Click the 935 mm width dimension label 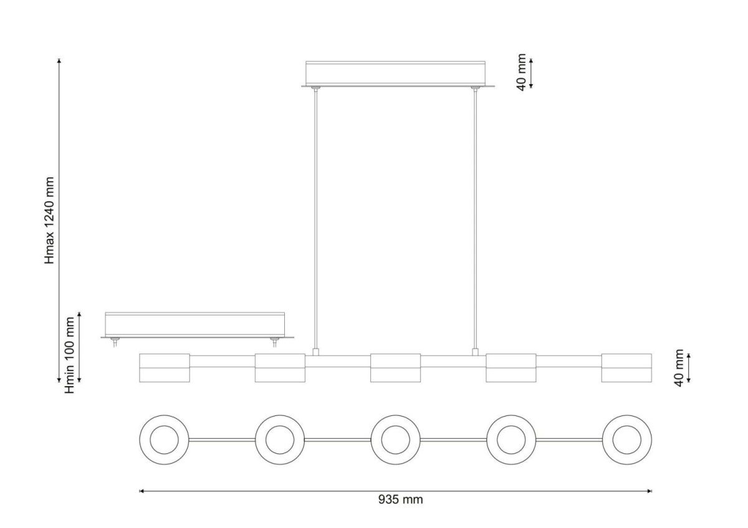click(400, 499)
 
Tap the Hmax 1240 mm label click(49, 220)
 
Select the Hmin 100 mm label click(69, 356)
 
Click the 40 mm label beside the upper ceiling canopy click(521, 72)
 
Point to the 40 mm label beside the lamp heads click(679, 368)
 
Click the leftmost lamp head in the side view click(165, 368)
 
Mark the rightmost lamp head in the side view click(626, 368)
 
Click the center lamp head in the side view click(395, 368)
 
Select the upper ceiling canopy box click(396, 73)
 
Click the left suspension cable click(315, 219)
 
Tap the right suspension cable click(475, 219)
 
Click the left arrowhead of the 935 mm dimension click(141, 491)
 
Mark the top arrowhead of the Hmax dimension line click(59, 60)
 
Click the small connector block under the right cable click(475, 352)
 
